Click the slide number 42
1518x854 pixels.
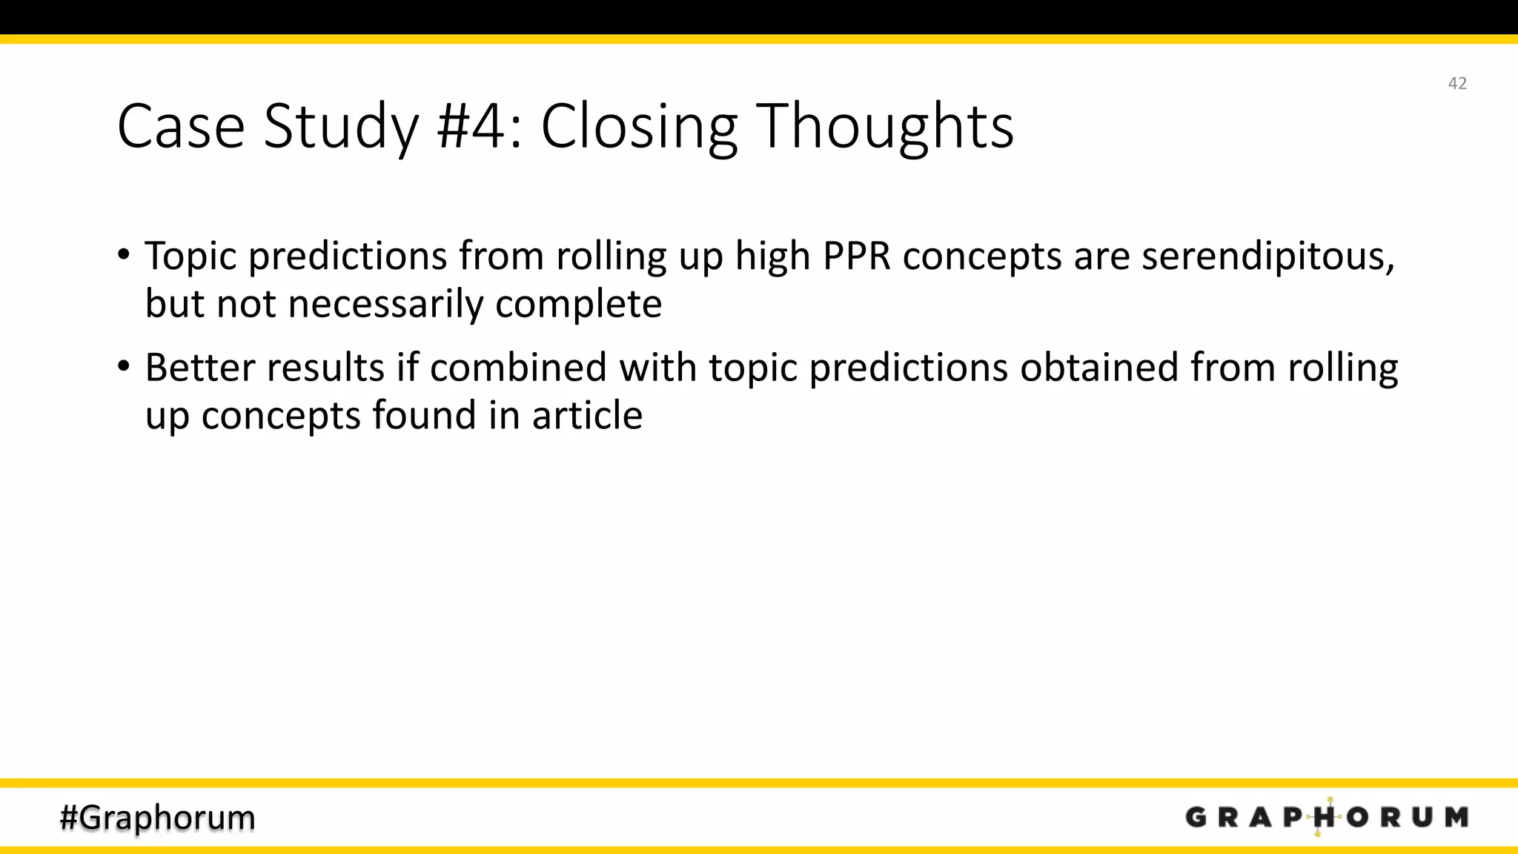1456,83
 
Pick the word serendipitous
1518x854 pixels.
1267,256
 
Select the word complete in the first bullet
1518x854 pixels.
578,304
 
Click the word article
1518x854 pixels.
587,415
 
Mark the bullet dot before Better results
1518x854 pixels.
124,366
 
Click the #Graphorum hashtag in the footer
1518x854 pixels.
157,818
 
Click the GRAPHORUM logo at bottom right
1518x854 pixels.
1327,817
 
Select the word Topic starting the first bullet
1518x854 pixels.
190,256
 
